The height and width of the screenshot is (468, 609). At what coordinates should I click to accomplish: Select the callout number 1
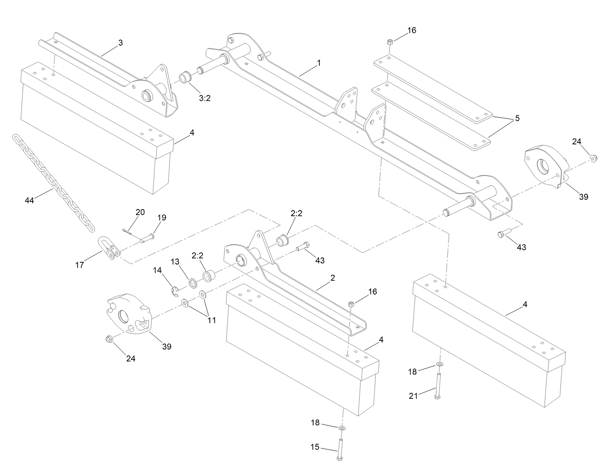(x=318, y=63)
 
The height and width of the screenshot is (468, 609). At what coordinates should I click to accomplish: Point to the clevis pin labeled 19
(x=148, y=238)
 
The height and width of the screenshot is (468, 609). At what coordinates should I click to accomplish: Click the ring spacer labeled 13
(x=193, y=283)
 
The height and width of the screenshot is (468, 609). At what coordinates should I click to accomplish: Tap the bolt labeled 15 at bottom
(x=340, y=450)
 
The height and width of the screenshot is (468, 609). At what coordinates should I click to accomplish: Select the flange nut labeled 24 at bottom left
(x=109, y=339)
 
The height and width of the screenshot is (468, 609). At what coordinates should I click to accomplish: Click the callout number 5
(x=517, y=119)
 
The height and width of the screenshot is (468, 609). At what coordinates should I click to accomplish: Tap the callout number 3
(x=120, y=43)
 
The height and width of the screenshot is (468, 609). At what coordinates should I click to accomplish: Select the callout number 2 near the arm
(x=333, y=278)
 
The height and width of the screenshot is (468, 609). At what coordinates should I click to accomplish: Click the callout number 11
(x=211, y=320)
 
